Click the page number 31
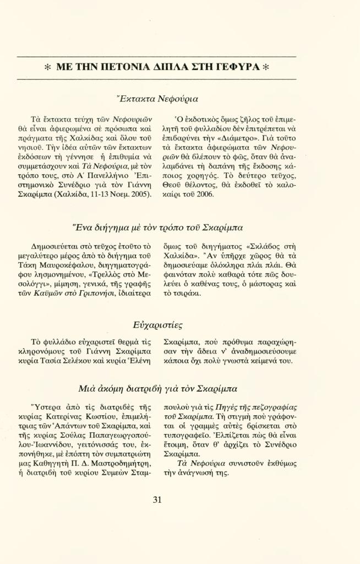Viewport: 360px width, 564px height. [157, 500]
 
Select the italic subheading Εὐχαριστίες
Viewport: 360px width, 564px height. [157, 324]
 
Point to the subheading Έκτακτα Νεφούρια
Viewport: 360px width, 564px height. [157, 99]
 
